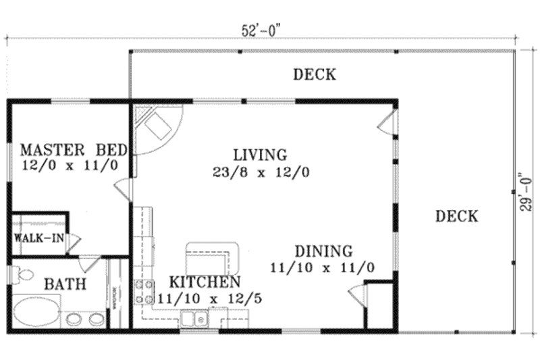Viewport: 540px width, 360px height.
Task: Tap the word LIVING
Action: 260,155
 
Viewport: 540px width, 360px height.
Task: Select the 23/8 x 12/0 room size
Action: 261,172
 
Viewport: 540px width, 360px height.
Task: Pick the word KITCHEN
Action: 205,282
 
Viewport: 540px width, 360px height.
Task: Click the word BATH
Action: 65,284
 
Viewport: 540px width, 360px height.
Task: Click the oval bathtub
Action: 38,315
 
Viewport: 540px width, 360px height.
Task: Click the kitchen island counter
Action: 213,254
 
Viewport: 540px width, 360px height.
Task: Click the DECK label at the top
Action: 314,74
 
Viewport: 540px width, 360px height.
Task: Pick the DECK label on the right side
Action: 456,216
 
